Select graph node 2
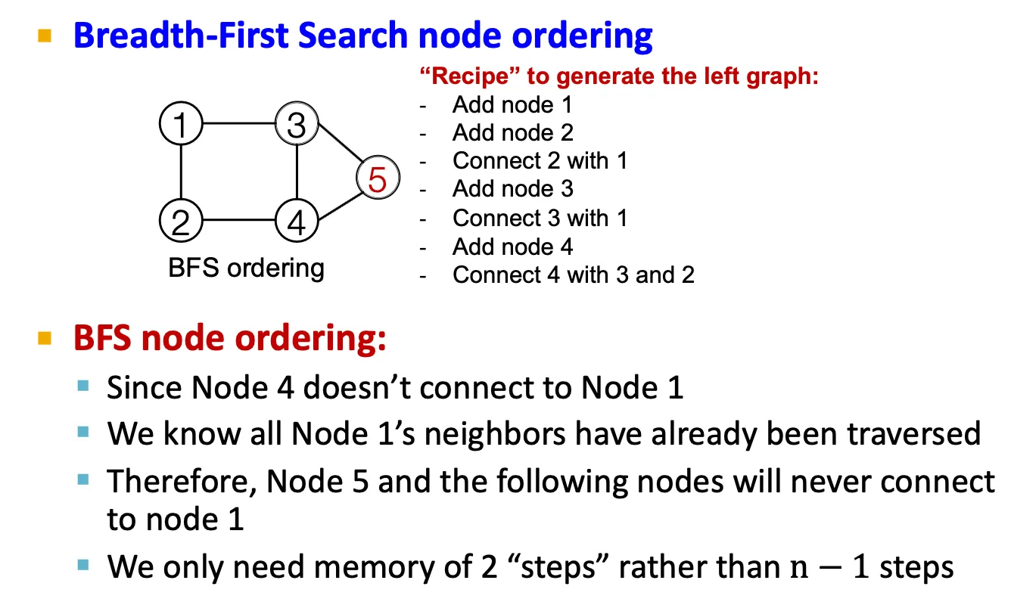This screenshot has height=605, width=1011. click(180, 221)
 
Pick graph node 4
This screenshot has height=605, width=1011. click(296, 221)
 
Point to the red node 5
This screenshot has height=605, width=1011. click(378, 180)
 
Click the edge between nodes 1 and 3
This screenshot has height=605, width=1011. click(238, 124)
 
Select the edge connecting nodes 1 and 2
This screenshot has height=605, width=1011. click(180, 173)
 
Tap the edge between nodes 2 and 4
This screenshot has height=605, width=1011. click(238, 221)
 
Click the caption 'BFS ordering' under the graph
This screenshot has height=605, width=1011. click(246, 268)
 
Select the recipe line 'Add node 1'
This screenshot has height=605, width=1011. click(512, 104)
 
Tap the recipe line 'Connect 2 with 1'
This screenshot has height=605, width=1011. click(540, 160)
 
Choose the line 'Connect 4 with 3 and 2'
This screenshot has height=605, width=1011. click(573, 275)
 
